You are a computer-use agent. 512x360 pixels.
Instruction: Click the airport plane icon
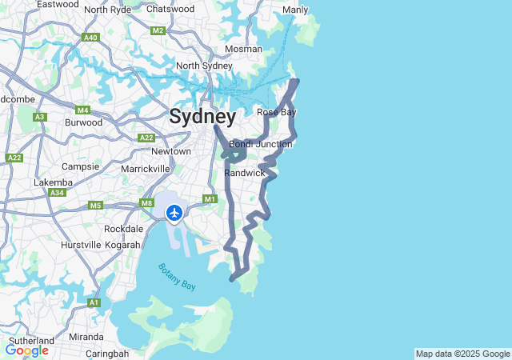click(174, 212)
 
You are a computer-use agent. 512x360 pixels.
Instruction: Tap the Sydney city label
click(202, 117)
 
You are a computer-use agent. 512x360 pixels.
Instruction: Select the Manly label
click(295, 10)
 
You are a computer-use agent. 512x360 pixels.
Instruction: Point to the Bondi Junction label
click(261, 144)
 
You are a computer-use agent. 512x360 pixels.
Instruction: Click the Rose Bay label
click(277, 112)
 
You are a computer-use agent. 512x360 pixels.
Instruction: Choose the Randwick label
click(245, 173)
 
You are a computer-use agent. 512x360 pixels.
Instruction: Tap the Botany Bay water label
click(177, 276)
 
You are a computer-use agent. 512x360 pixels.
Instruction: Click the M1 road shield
click(210, 199)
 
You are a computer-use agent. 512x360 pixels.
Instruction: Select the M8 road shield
click(146, 203)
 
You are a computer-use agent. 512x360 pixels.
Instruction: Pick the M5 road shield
click(96, 206)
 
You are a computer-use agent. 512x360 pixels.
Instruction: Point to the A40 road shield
click(90, 38)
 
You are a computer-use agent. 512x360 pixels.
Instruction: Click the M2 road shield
click(158, 30)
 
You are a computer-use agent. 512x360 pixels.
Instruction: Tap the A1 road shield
click(94, 302)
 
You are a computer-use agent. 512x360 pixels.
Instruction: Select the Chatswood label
click(170, 9)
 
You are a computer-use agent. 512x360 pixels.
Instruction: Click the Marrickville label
click(146, 169)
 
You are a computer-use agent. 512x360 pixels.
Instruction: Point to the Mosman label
click(243, 49)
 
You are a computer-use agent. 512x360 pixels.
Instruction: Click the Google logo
click(26, 350)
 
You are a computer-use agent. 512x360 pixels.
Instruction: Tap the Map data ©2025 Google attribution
click(462, 354)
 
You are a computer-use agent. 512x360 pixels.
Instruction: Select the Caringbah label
click(107, 353)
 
